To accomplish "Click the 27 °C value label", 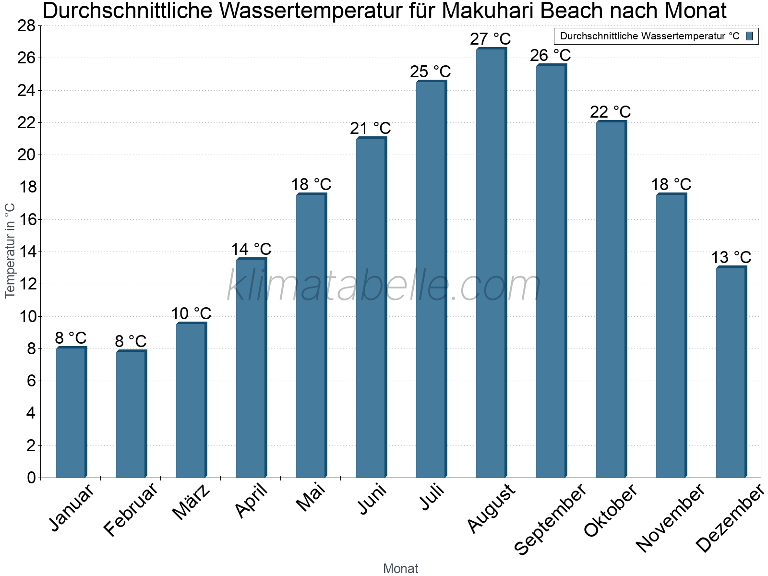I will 490,39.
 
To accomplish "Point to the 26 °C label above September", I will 550,55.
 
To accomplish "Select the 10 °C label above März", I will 191,313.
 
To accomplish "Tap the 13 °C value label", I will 731,257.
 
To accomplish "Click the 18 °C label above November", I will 671,184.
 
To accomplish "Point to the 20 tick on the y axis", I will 26,155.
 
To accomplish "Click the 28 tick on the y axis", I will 26,26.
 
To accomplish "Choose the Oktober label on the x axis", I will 610,510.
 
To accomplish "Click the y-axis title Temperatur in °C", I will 10,251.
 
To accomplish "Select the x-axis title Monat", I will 400,568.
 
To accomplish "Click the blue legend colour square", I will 749,36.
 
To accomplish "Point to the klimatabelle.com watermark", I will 384,286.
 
